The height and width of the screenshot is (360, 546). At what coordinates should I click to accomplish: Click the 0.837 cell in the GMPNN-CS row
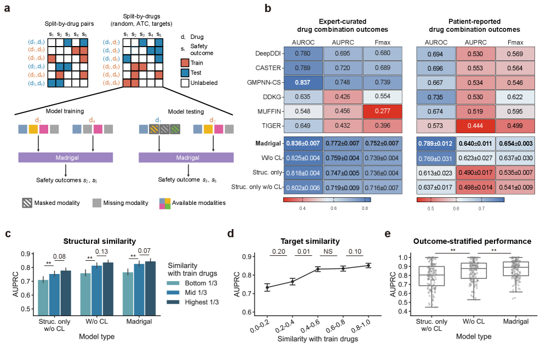tap(303, 83)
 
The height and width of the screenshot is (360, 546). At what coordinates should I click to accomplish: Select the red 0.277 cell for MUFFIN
tap(382, 113)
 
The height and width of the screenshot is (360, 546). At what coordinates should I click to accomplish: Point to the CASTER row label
tap(267, 68)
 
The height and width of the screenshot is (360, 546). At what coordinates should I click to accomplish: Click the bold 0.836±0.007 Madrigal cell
tap(303, 144)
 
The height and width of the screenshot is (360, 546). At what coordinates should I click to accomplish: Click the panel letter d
tap(231, 234)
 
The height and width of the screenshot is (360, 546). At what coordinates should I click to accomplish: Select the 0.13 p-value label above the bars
tap(101, 252)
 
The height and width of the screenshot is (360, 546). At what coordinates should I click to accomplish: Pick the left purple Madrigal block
tap(66, 157)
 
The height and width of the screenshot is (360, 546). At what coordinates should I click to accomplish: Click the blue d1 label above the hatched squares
tap(159, 118)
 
